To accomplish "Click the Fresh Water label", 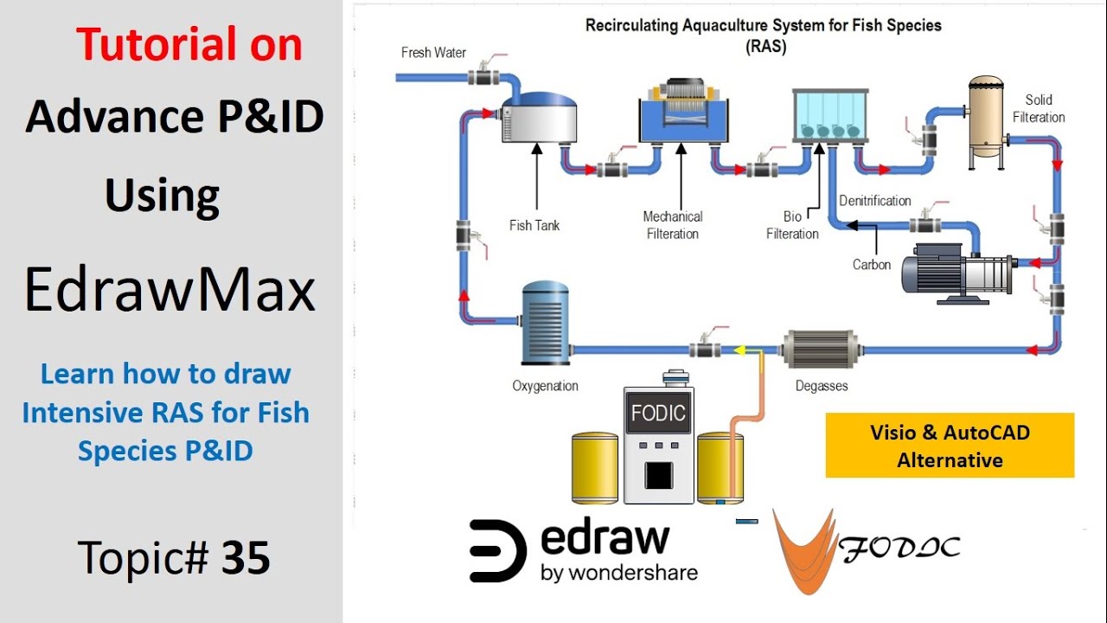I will (x=433, y=53).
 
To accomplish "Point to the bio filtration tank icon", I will (x=829, y=116).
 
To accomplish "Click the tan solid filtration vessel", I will (x=985, y=116).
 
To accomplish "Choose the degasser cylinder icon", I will (x=819, y=350).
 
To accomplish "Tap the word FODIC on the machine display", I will (x=658, y=413).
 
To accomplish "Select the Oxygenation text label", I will (x=545, y=386).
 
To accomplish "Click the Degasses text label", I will (x=822, y=386).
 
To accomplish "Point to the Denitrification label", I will (x=874, y=201).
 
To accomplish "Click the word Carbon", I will (x=871, y=265).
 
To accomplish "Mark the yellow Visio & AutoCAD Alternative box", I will (x=950, y=446).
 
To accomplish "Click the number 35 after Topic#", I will (x=246, y=558).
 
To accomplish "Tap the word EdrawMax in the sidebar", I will (x=170, y=290).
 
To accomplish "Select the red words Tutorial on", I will (x=189, y=44).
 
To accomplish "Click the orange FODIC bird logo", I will (x=803, y=549).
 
